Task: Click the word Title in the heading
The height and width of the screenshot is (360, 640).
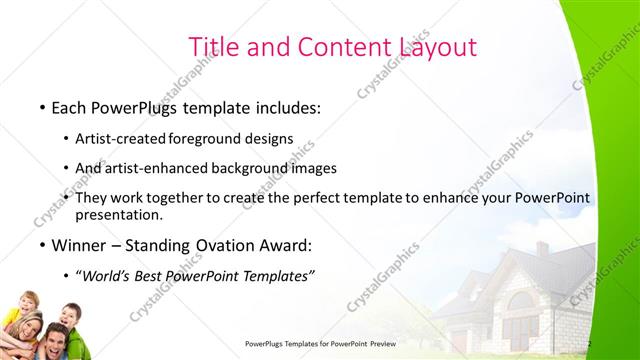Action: click(213, 47)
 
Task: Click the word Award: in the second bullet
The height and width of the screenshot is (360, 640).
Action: click(285, 245)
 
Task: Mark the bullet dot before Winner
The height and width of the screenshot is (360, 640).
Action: click(41, 245)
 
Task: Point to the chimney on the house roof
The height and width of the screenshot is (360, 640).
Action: click(542, 248)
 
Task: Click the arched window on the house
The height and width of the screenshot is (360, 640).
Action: click(521, 301)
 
